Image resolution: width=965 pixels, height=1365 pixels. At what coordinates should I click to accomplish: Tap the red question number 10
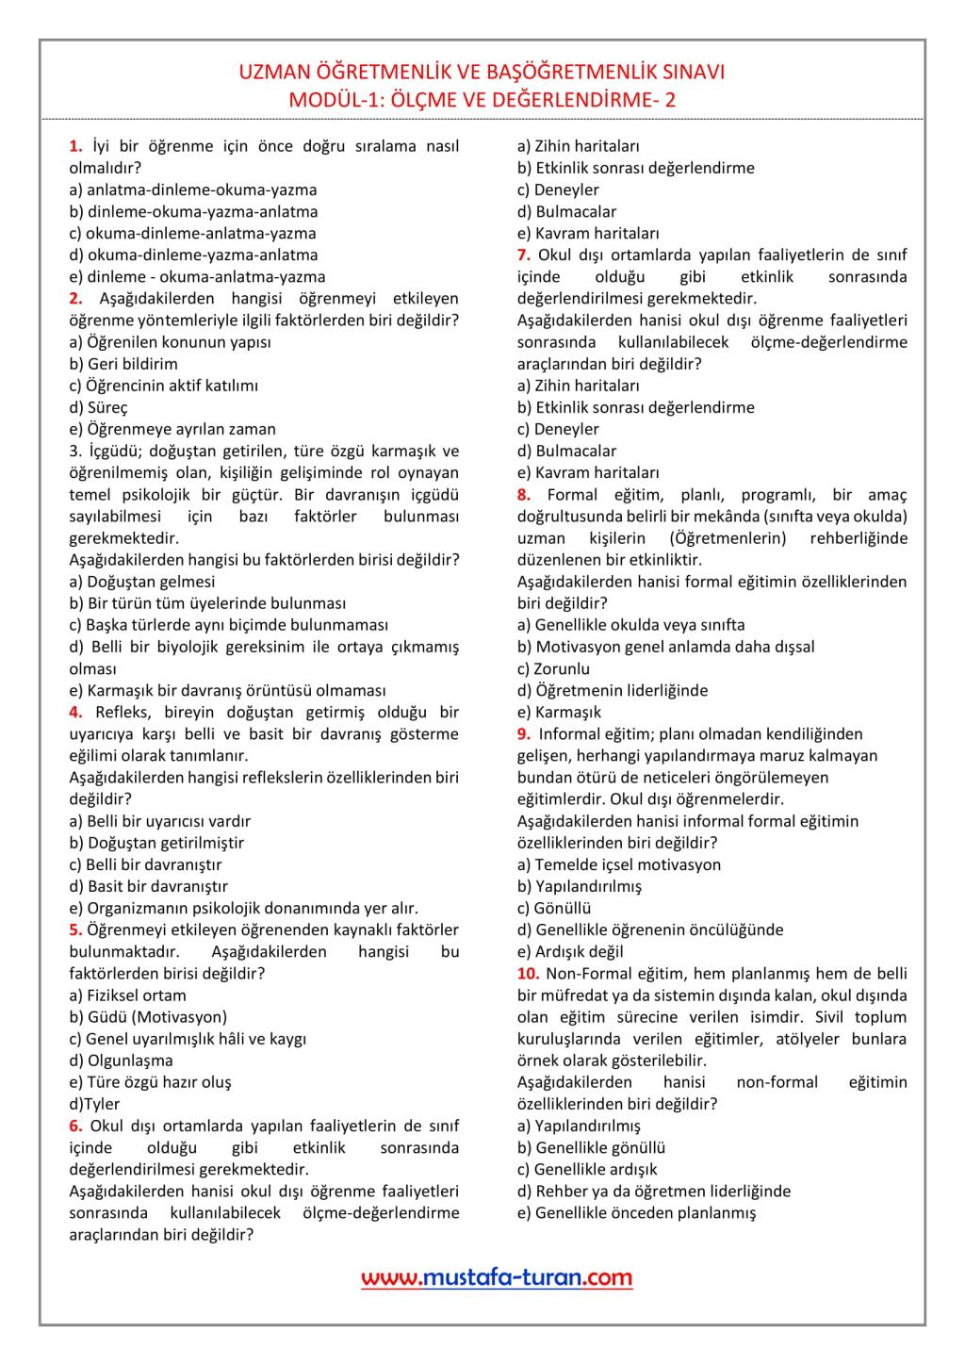pos(528,974)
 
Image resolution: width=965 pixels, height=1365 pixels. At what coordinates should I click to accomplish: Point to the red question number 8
pos(524,495)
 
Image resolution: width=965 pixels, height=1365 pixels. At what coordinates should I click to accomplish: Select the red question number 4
pos(75,713)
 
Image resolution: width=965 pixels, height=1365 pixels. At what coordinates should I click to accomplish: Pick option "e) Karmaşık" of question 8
pos(559,712)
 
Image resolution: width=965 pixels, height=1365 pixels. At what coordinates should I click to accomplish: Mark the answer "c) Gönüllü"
pos(554,908)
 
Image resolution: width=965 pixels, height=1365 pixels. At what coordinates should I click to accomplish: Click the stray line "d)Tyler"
pos(94,1104)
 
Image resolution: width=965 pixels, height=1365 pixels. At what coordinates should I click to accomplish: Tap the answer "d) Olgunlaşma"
pos(121,1061)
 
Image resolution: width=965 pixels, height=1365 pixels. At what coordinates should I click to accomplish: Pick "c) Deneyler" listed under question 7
pos(558,429)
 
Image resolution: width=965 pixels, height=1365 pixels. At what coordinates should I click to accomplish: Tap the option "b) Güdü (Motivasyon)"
pos(148,1016)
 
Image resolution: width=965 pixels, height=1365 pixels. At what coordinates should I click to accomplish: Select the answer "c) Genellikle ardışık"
pos(587,1169)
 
